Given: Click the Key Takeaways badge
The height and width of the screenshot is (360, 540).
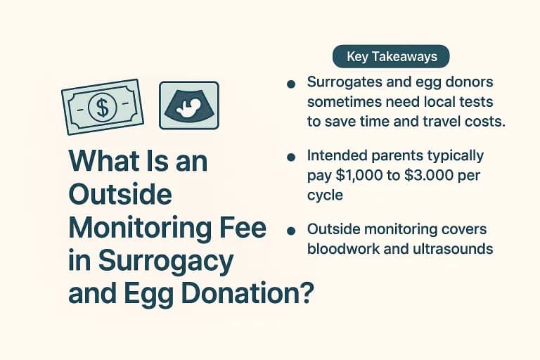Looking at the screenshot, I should [x=391, y=56].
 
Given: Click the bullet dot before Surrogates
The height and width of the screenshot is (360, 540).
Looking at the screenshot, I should [x=290, y=85].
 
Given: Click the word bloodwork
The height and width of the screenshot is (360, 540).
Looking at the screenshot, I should [x=342, y=249].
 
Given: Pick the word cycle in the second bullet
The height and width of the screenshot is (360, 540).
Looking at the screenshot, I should [x=325, y=194].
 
